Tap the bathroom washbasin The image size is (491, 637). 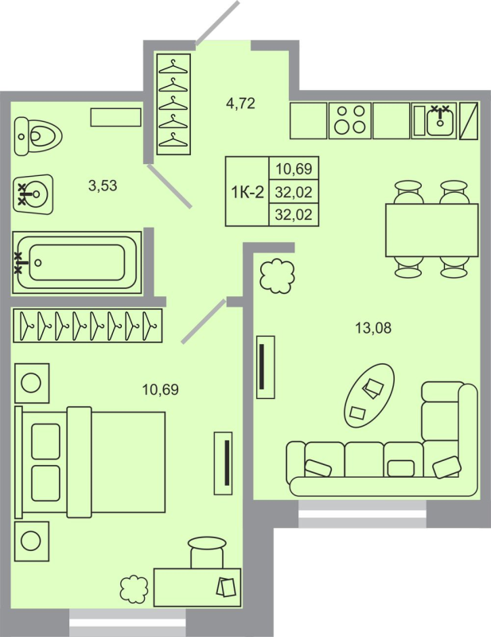point(34,193)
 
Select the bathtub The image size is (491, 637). point(76,260)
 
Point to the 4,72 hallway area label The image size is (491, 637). point(240,103)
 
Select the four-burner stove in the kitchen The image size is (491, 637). point(349,121)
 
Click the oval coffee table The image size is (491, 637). point(369,394)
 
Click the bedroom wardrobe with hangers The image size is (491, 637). point(88,325)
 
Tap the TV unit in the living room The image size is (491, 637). point(266,367)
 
